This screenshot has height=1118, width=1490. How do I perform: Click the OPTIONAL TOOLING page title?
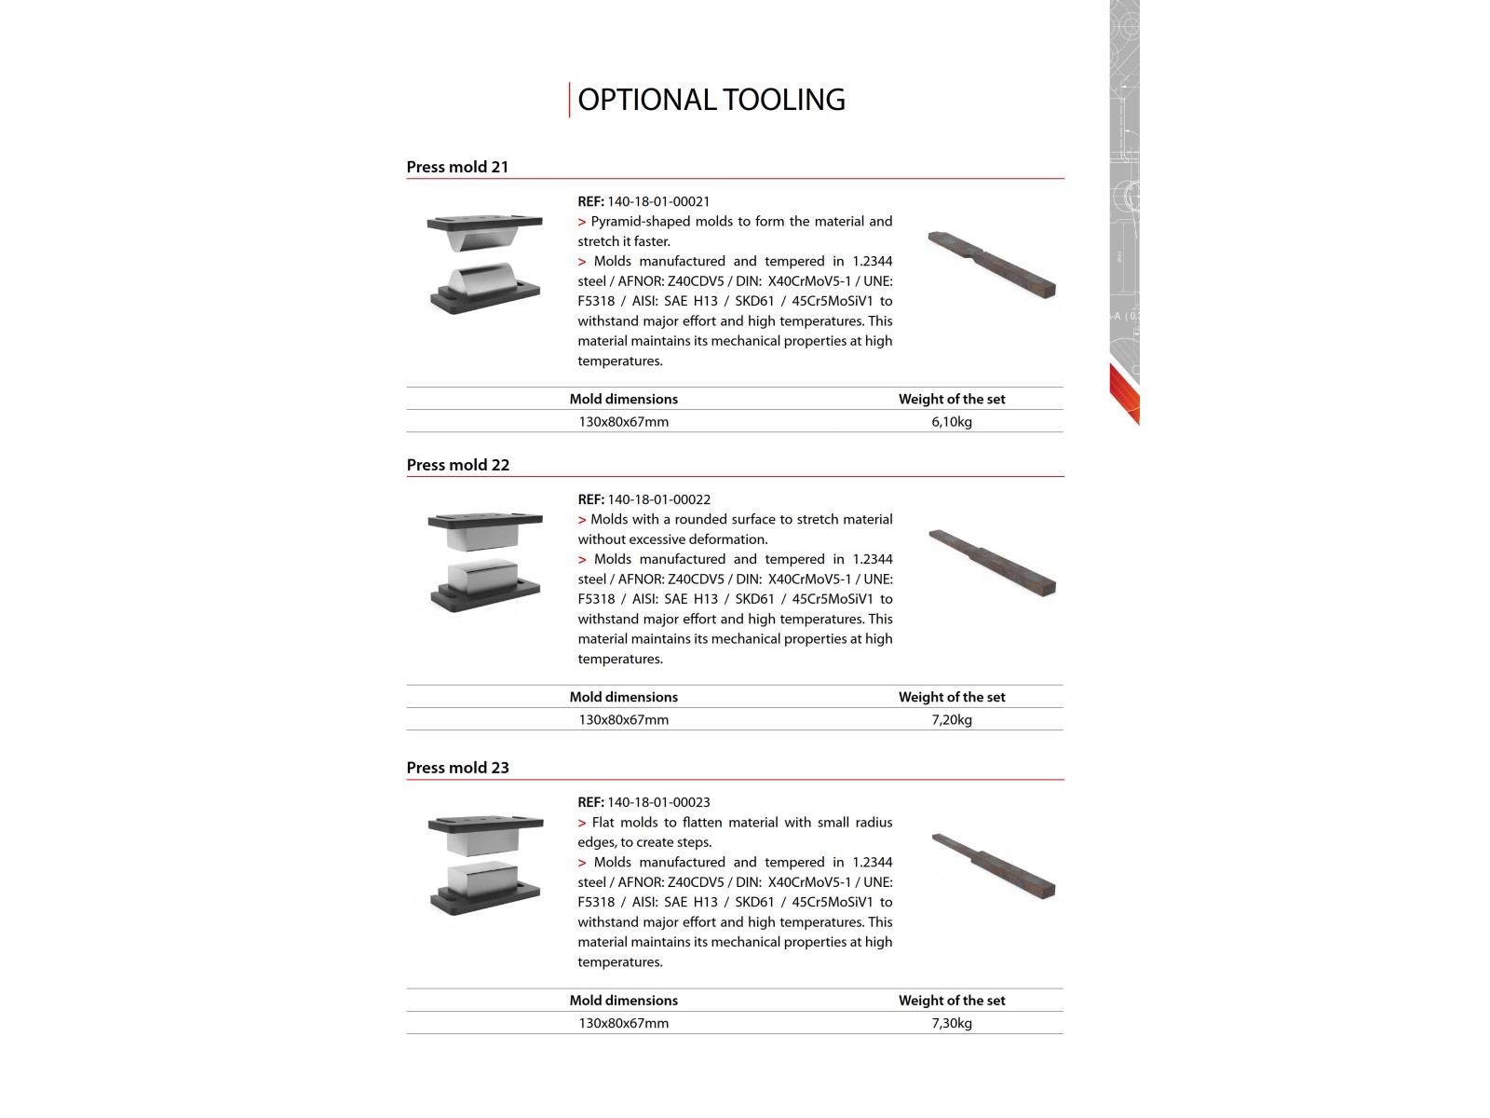(x=711, y=100)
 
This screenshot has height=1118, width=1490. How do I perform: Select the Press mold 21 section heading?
(x=457, y=167)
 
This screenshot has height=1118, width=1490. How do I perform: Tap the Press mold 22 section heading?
(x=458, y=465)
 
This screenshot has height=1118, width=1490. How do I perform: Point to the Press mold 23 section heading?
(x=457, y=768)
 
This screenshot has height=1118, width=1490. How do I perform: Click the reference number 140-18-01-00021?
(x=657, y=201)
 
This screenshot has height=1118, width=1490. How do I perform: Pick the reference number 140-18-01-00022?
(x=658, y=499)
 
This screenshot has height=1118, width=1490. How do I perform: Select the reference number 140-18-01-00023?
(x=658, y=802)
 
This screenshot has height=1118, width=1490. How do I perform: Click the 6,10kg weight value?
(x=951, y=422)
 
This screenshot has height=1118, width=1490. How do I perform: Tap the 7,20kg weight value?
(x=951, y=720)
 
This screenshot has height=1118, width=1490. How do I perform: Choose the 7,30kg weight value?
(x=951, y=1023)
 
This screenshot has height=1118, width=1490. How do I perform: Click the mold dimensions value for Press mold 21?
(x=623, y=422)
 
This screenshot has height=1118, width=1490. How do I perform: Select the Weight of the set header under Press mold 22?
(x=951, y=697)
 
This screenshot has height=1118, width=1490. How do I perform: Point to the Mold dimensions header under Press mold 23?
(x=623, y=1001)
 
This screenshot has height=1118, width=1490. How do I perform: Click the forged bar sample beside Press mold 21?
(x=992, y=265)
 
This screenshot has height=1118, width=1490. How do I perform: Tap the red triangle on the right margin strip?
(x=1125, y=394)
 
